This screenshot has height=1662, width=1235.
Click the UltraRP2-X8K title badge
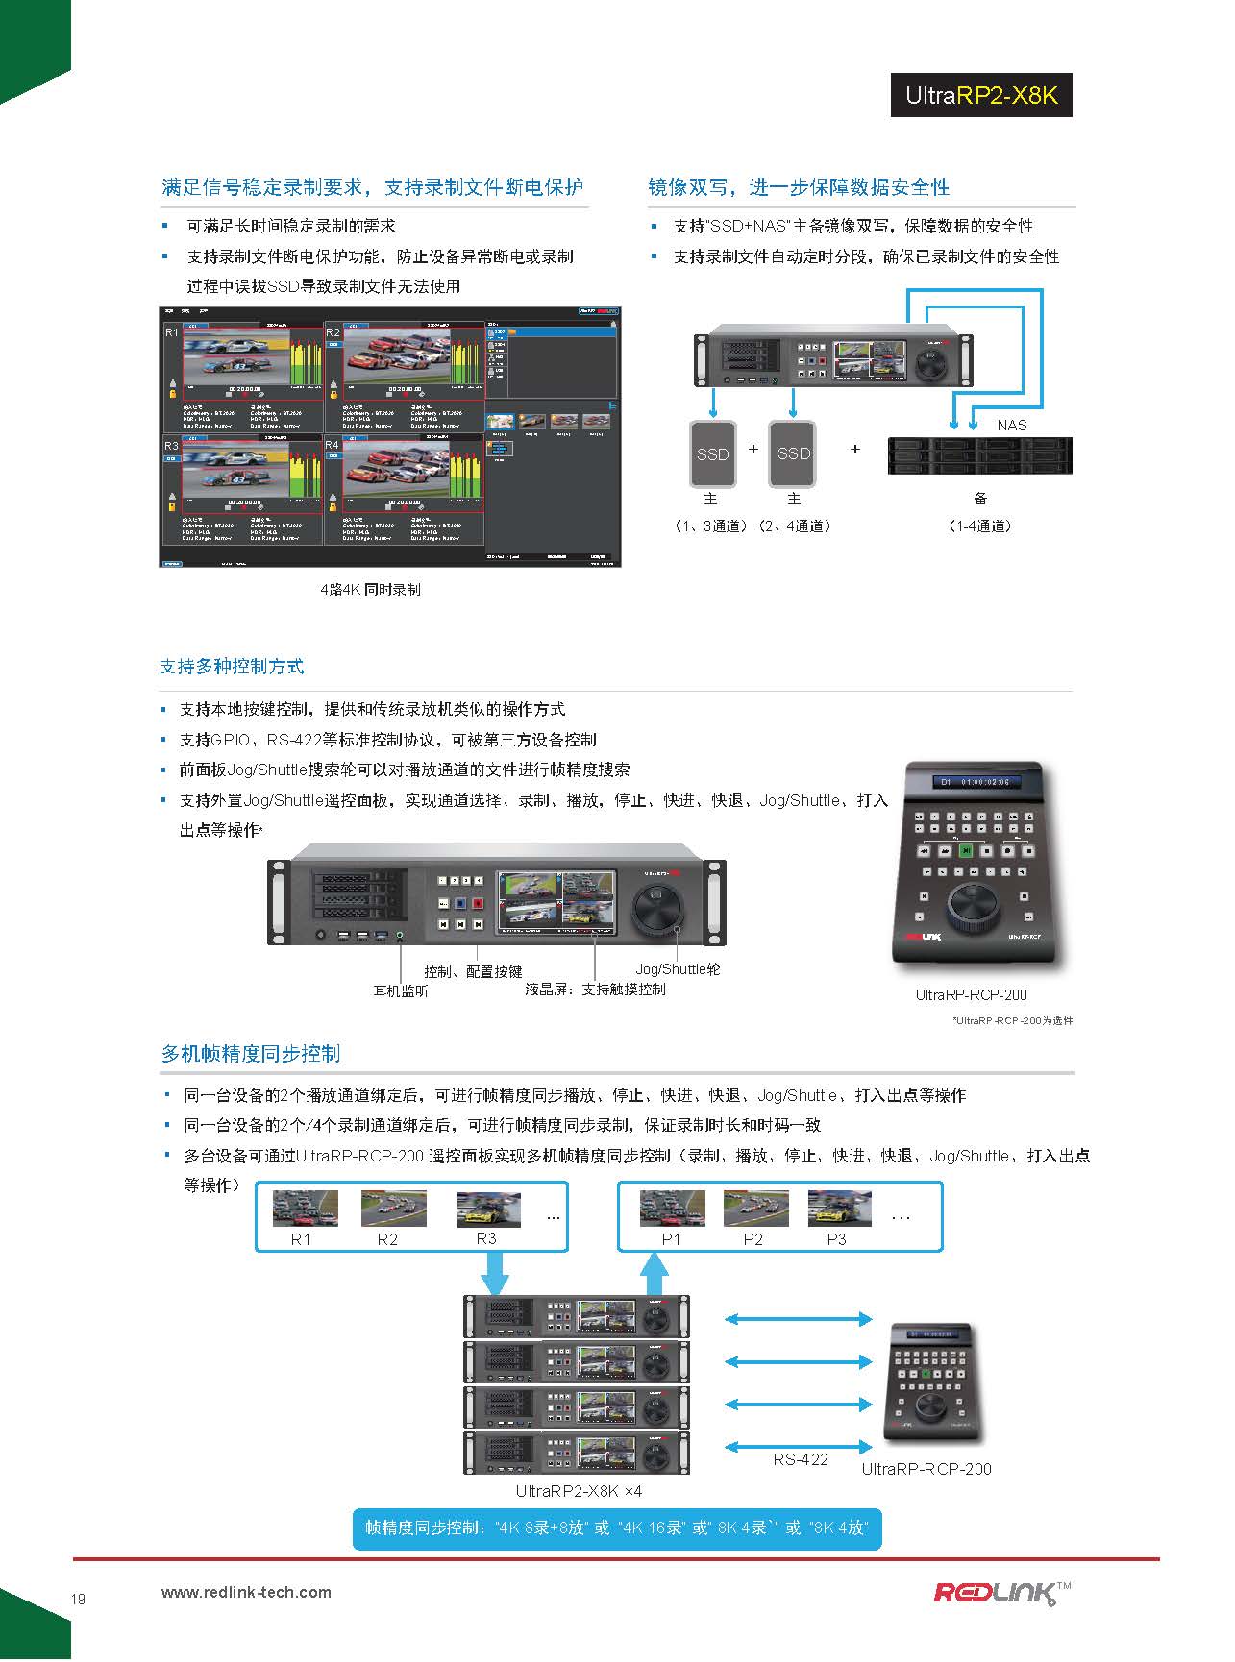click(980, 95)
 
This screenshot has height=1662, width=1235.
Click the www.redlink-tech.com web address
click(246, 1592)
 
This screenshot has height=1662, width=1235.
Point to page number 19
click(78, 1599)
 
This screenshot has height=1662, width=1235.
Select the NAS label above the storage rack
click(1011, 425)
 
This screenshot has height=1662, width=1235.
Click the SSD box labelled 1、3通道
click(712, 453)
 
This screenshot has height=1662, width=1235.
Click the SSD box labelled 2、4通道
click(793, 453)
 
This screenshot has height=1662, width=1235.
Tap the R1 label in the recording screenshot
click(171, 332)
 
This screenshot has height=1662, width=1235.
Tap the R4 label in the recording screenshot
click(333, 446)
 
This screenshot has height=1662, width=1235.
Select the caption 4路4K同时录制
click(370, 589)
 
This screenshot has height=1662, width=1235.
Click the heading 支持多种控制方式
click(232, 666)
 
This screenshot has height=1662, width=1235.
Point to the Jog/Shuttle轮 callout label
click(677, 969)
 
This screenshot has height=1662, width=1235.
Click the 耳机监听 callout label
click(401, 990)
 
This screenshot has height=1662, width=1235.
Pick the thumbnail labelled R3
click(488, 1209)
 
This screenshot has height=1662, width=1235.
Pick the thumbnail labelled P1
click(672, 1209)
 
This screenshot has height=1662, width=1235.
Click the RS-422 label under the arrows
click(801, 1459)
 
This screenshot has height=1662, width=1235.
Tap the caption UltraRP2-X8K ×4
click(579, 1491)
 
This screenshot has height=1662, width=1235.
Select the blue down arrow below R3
click(495, 1276)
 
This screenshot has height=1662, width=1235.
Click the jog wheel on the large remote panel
click(975, 904)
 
